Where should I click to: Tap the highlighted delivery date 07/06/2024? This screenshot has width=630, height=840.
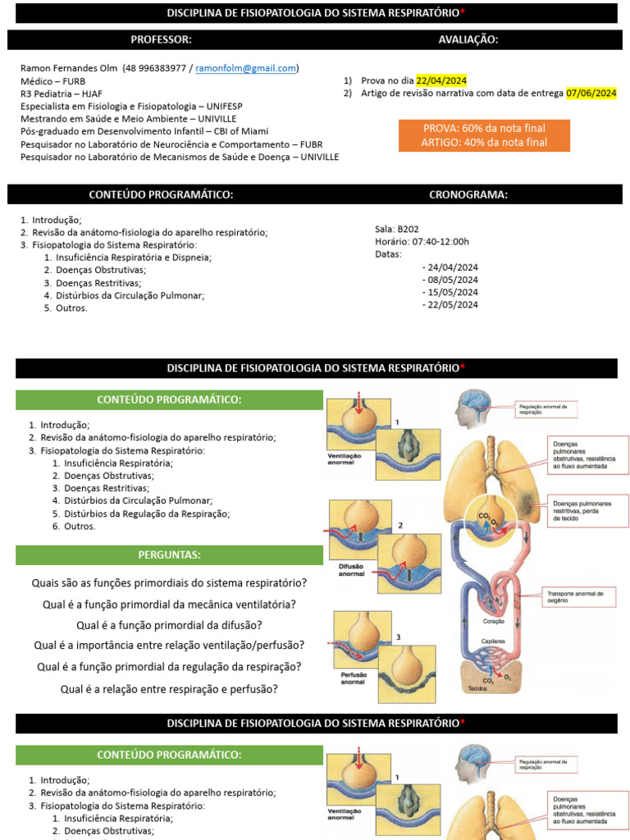pyautogui.click(x=591, y=93)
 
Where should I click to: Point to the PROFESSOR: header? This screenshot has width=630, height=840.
pyautogui.click(x=162, y=39)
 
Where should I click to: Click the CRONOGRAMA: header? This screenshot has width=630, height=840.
pyautogui.click(x=468, y=194)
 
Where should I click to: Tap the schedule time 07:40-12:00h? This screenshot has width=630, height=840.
pyautogui.click(x=433, y=241)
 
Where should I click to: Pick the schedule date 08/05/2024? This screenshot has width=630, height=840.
pyautogui.click(x=450, y=280)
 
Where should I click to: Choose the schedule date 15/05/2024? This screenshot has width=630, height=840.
pyautogui.click(x=450, y=292)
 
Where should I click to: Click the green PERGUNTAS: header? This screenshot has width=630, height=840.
pyautogui.click(x=169, y=555)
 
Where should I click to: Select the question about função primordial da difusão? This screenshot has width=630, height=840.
pyautogui.click(x=168, y=625)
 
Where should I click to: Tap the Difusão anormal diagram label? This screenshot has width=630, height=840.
pyautogui.click(x=351, y=569)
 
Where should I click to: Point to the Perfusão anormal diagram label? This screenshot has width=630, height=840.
pyautogui.click(x=353, y=678)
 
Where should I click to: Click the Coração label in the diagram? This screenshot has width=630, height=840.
pyautogui.click(x=493, y=621)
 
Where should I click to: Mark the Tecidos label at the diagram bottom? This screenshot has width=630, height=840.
pyautogui.click(x=477, y=688)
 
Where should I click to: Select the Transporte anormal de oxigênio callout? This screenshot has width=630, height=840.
pyautogui.click(x=574, y=596)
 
